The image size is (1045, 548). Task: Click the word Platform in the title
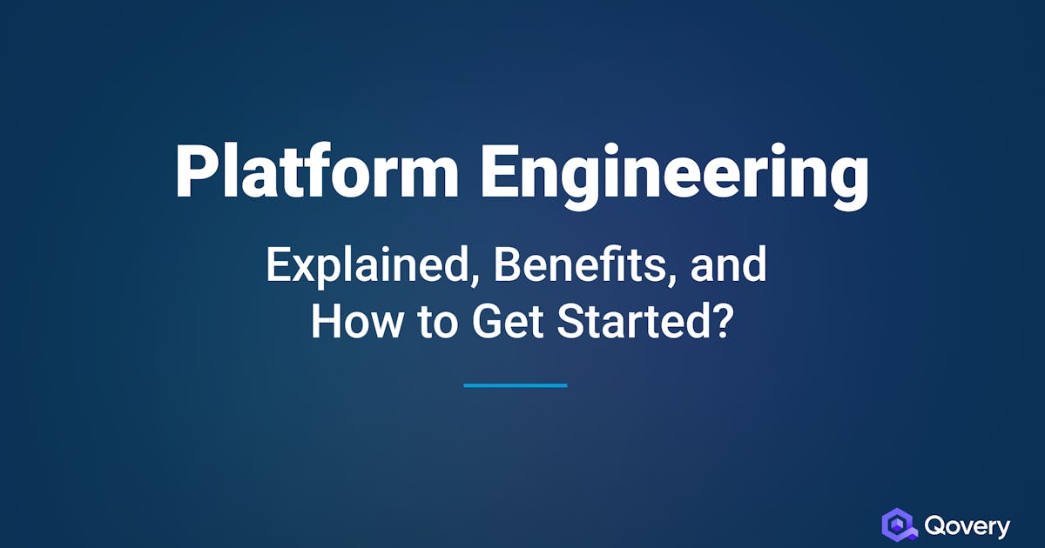(x=317, y=171)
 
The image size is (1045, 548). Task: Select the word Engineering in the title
(x=675, y=176)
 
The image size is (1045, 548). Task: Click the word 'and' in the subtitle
(x=728, y=264)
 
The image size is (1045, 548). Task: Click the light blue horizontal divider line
(x=516, y=385)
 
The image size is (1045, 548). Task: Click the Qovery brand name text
(x=967, y=526)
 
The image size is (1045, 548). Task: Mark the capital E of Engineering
(x=498, y=171)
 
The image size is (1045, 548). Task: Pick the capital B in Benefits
(x=507, y=264)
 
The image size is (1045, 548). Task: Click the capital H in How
(x=325, y=322)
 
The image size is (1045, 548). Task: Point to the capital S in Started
(x=570, y=322)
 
